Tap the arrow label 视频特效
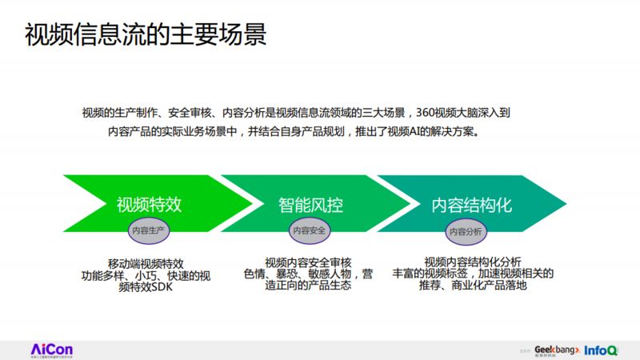[x=149, y=204]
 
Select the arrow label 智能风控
[x=311, y=204]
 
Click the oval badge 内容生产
[x=149, y=230]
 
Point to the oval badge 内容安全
[x=310, y=230]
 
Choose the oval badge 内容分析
[x=466, y=230]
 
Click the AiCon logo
[x=51, y=349]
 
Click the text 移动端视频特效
[x=146, y=262]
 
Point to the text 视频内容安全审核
[x=308, y=262]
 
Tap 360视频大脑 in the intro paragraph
[x=446, y=114]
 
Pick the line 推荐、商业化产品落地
[x=473, y=286]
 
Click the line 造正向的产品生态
[x=308, y=286]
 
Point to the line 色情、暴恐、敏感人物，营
[x=308, y=274]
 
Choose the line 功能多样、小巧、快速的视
[x=146, y=275]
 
